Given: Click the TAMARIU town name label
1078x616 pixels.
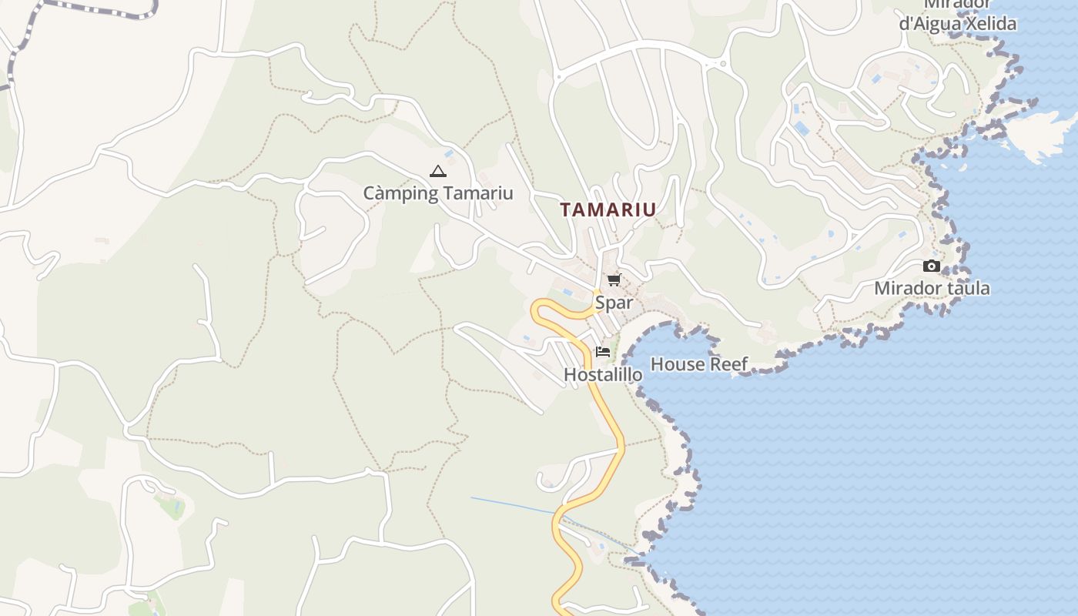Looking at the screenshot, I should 608,209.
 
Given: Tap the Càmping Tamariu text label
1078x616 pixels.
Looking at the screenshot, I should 437,192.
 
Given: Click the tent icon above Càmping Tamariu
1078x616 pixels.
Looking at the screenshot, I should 437,172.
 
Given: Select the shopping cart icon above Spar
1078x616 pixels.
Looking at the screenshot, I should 614,280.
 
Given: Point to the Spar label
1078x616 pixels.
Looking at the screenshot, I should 614,303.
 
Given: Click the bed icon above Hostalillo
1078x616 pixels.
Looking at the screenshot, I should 603,352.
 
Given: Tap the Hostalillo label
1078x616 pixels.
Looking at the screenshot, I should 603,375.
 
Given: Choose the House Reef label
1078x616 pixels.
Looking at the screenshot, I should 699,364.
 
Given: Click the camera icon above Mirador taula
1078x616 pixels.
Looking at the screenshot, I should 932,266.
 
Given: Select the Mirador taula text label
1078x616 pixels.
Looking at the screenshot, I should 932,289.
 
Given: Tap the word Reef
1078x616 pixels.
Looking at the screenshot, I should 728,364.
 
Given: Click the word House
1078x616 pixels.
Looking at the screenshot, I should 678,364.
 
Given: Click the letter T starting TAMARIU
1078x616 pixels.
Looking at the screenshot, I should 566,209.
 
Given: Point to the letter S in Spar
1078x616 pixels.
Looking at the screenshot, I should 600,303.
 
